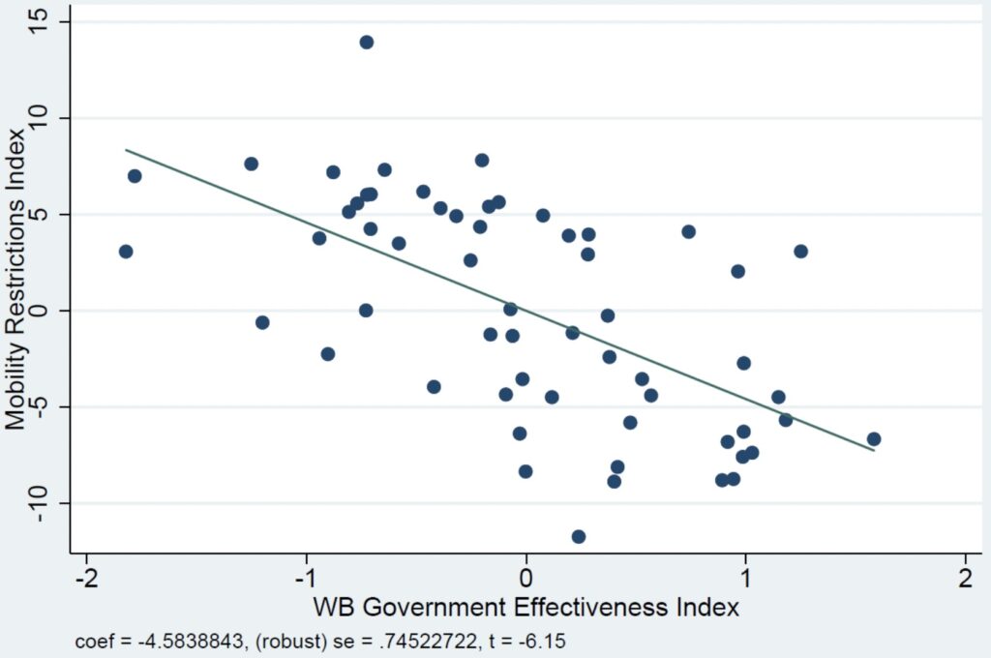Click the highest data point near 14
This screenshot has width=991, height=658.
click(366, 42)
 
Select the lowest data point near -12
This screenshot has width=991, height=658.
click(579, 536)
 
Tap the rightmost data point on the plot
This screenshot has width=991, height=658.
click(874, 438)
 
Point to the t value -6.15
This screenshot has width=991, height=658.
click(556, 640)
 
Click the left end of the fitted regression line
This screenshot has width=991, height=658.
click(126, 150)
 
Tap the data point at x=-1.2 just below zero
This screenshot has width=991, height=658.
click(261, 322)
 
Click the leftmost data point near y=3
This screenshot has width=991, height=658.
click(126, 252)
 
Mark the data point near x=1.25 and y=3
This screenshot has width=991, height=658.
click(800, 252)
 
